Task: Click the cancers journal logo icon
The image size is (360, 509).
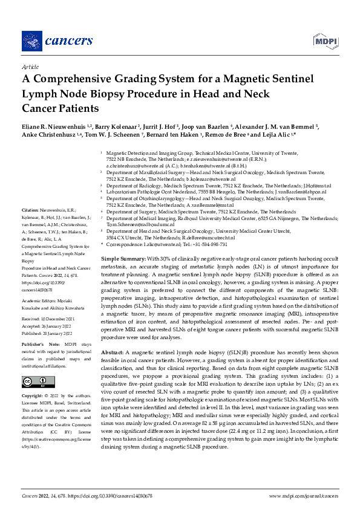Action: [29, 41]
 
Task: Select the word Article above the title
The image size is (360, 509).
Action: [30, 66]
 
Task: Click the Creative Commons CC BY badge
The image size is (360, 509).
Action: [34, 381]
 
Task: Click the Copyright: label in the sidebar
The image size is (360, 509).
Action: [33, 395]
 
